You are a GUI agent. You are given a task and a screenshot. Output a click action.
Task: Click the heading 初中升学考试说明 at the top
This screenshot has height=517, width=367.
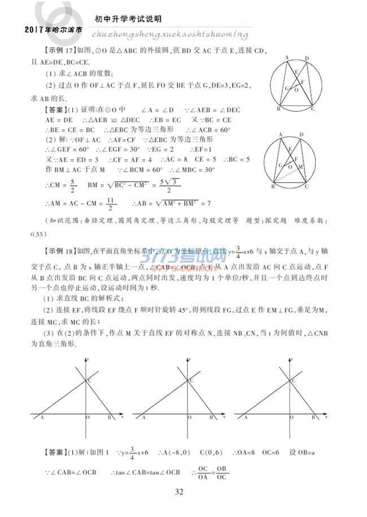[127, 18]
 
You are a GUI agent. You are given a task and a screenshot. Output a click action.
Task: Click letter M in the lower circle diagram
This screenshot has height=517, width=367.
[301, 168]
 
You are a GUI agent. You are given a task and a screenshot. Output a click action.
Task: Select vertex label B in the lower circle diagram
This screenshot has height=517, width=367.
[273, 186]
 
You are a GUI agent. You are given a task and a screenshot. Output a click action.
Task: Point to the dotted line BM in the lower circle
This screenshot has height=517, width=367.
[288, 176]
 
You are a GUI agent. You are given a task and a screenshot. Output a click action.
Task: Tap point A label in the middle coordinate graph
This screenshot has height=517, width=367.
[143, 418]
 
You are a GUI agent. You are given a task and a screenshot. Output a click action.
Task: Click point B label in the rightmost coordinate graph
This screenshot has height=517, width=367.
[311, 418]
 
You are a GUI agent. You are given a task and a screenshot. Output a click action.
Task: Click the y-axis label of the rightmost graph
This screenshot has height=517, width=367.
[294, 359]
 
